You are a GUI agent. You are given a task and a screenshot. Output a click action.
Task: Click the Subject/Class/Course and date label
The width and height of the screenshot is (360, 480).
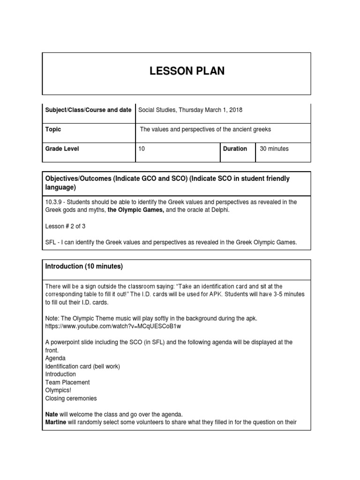coord(88,110)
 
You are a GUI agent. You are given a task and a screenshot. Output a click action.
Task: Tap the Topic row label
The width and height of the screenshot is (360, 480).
coord(53,129)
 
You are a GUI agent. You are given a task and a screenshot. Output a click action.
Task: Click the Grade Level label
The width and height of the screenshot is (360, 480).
coord(62,149)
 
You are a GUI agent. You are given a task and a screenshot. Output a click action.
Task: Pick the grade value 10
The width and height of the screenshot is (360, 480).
coord(142,149)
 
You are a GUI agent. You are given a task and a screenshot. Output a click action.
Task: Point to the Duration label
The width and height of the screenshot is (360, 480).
coord(235,149)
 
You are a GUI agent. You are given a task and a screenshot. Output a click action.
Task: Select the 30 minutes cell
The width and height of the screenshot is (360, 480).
coord(274,149)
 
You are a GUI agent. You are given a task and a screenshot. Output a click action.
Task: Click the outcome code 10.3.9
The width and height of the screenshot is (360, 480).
coord(53,202)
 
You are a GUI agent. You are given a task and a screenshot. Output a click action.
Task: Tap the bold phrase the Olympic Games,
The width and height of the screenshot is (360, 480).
coord(135,210)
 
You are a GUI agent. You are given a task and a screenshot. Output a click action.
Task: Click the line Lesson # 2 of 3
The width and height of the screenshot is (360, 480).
coord(66,226)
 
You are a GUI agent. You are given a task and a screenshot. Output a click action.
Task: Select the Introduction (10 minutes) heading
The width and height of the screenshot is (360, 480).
coord(84,266)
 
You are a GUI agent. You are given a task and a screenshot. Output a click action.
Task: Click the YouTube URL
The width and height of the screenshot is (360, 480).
coord(113,326)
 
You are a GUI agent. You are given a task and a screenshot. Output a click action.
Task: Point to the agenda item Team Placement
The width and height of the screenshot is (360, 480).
coord(67,382)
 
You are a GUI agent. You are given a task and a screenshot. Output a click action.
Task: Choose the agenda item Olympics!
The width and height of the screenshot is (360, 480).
coord(59,390)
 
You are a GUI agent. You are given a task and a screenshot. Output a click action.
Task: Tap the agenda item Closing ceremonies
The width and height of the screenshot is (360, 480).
coord(71,398)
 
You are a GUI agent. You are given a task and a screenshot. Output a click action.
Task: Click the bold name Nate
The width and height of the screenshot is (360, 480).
coord(52,414)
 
